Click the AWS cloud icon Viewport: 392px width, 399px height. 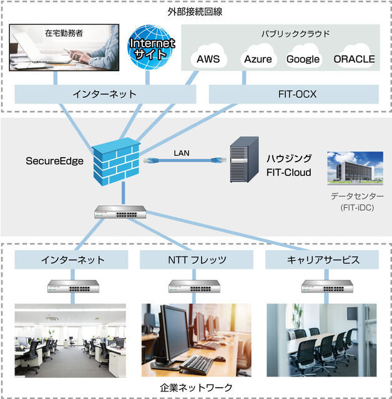click(x=208, y=59)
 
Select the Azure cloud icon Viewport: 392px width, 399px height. click(x=257, y=59)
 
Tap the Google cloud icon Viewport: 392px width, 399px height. click(x=303, y=59)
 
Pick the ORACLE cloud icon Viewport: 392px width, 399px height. click(x=354, y=59)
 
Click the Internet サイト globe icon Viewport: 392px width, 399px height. click(x=152, y=47)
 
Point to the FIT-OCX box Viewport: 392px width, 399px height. click(x=293, y=94)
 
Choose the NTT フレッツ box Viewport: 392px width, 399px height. click(x=197, y=259)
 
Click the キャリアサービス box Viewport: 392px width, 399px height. click(x=321, y=259)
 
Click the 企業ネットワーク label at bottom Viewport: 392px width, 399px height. click(x=195, y=387)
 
